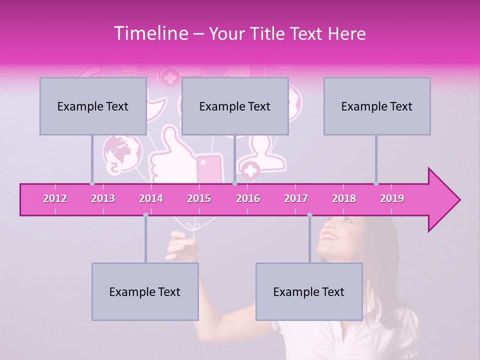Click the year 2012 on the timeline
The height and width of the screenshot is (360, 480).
point(55,198)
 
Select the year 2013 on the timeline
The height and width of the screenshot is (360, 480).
point(103,198)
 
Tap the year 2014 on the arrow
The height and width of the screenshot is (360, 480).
point(151,198)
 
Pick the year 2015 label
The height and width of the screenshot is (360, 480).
point(199,198)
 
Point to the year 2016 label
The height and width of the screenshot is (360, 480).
point(248,198)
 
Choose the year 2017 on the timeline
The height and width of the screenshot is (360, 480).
point(296,198)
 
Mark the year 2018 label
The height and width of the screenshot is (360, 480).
point(344,198)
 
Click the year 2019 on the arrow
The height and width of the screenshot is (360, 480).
point(392,198)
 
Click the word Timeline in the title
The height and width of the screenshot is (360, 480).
point(150,33)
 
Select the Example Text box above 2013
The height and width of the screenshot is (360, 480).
point(93,106)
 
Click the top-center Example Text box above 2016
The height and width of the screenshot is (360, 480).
point(235,106)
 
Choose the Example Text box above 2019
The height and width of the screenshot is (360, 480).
point(377,106)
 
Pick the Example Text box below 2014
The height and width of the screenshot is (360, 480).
point(145,291)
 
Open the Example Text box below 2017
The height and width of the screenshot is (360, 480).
point(309,291)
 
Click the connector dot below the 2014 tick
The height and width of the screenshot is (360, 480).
point(145,214)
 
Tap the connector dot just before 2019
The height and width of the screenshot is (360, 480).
point(376,183)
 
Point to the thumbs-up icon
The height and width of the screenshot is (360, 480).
point(170,155)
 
